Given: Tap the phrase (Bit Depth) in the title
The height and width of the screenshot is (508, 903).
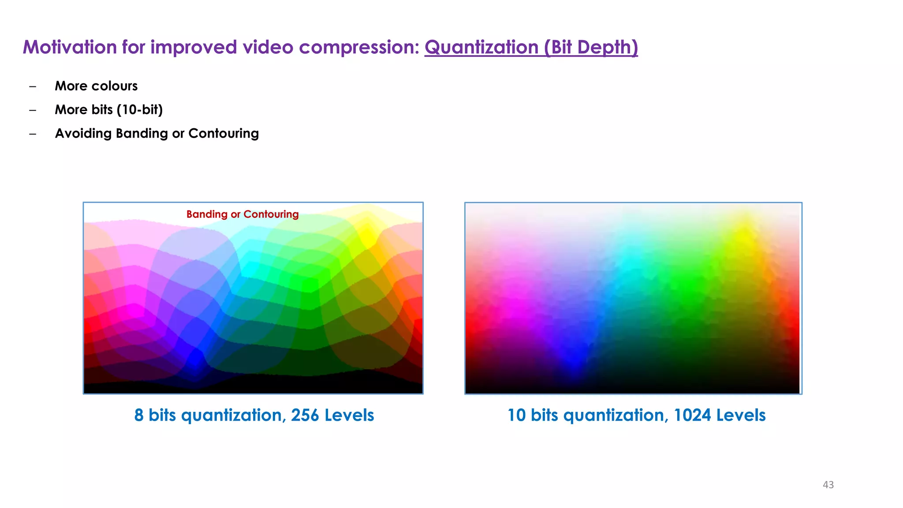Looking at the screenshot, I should click(591, 47).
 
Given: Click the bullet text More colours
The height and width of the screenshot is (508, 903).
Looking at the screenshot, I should click(96, 86).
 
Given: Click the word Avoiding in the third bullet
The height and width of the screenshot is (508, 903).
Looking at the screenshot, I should click(83, 134).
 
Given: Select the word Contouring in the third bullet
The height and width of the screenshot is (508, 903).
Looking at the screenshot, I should click(224, 134).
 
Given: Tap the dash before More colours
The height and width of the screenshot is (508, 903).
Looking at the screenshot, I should click(33, 86).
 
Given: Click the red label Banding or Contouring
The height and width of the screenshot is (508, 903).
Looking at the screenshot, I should click(243, 214).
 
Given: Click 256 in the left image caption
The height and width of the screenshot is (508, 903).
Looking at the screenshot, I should click(305, 415).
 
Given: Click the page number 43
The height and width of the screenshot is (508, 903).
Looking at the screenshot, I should click(828, 485).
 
